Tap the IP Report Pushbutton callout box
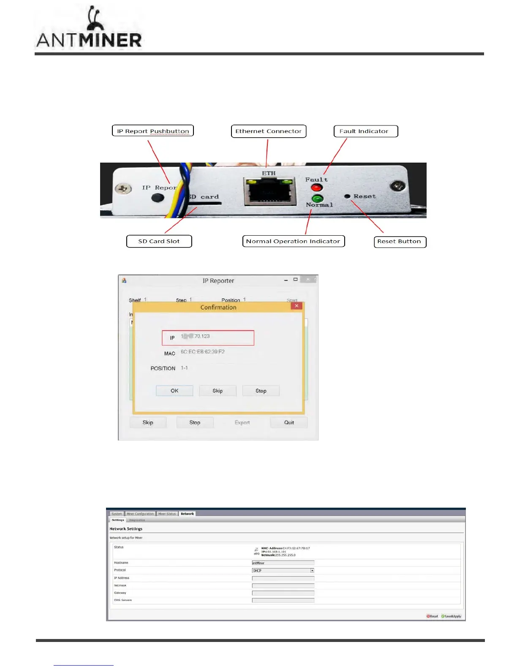153,131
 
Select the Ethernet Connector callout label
269,131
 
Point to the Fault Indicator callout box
366,131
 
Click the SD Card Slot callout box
159,241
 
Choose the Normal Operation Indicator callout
294,241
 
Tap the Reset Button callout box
400,242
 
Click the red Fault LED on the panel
317,188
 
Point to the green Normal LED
317,198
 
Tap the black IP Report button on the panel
158,197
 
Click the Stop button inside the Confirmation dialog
261,391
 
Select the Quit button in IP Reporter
289,422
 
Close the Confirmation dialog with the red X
297,306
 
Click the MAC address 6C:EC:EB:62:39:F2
203,352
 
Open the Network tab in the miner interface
187,514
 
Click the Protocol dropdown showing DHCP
283,571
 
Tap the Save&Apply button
451,616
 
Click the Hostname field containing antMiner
283,563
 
